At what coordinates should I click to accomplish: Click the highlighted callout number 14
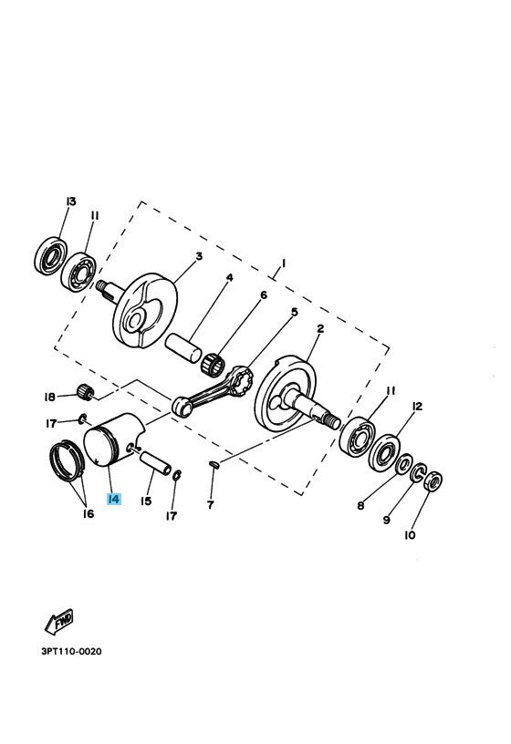(x=113, y=499)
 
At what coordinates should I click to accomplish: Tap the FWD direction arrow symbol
(x=59, y=623)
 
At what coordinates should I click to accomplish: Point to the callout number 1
(x=282, y=263)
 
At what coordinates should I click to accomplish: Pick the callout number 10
(x=409, y=535)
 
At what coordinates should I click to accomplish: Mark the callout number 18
(x=49, y=397)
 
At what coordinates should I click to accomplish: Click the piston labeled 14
(x=109, y=439)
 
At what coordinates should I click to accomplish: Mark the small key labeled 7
(x=214, y=465)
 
